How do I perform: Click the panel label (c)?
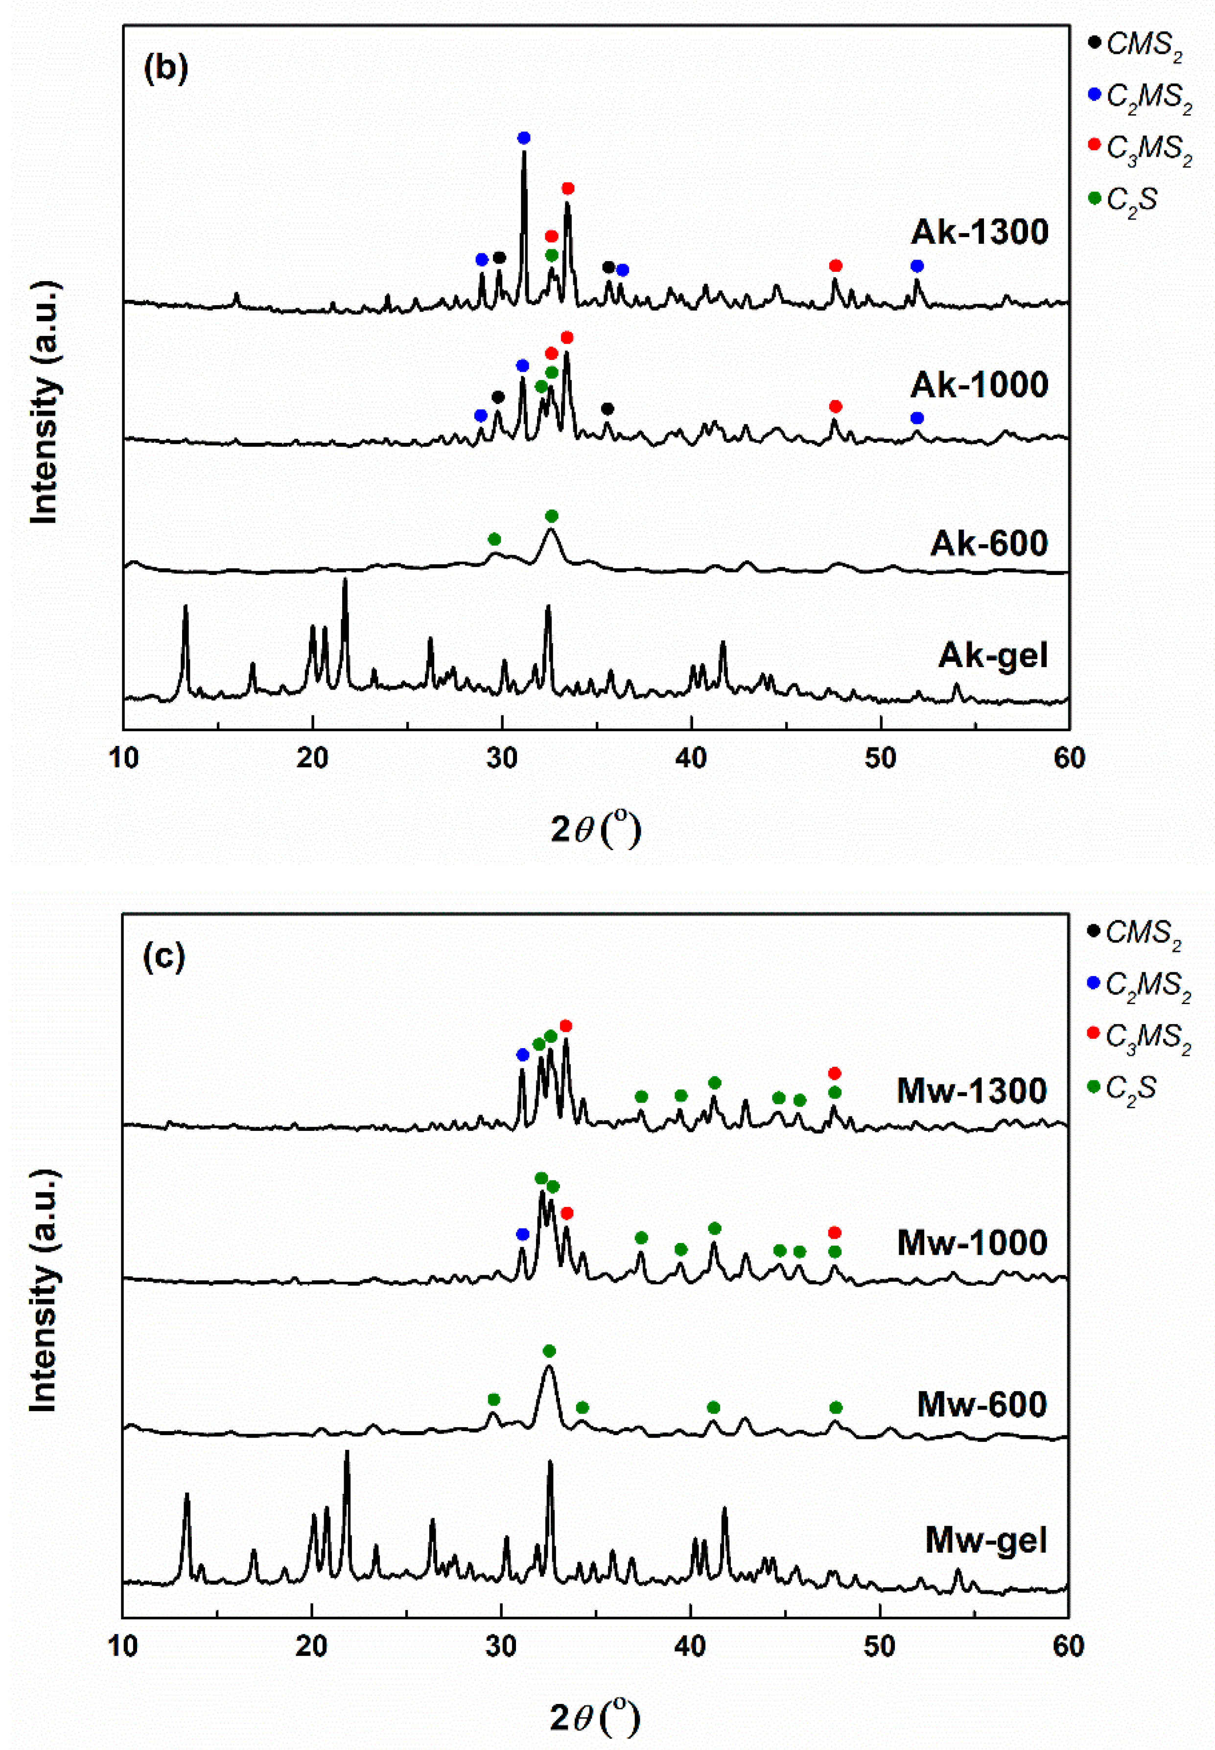[x=164, y=957]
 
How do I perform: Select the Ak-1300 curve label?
[x=979, y=232]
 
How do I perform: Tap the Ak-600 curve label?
[x=988, y=543]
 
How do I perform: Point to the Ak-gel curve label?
[x=993, y=655]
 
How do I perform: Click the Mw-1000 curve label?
[x=972, y=1243]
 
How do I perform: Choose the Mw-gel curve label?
[x=986, y=1540]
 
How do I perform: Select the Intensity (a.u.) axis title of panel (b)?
[x=44, y=404]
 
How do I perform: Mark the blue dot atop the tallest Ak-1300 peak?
[x=524, y=138]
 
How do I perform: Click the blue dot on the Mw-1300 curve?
[x=522, y=1055]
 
